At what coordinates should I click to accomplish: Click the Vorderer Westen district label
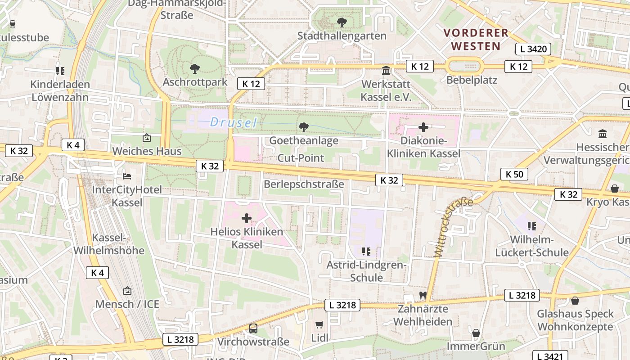coord(476,39)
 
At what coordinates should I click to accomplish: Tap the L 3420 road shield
coord(533,49)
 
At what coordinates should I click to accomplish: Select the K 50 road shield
coord(515,174)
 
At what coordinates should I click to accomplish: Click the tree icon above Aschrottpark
coord(195,69)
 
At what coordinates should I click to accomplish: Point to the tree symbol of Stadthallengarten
coord(342,22)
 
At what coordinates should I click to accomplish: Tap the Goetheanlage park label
coord(304,140)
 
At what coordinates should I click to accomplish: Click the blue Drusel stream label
coord(234,122)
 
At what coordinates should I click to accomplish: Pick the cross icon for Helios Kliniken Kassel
coord(247,219)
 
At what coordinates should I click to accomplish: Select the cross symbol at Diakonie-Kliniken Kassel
coord(423,127)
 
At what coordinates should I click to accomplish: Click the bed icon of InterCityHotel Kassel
coord(127,176)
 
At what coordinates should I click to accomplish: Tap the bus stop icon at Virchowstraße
coord(253,328)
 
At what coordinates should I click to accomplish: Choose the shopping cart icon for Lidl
coord(319,324)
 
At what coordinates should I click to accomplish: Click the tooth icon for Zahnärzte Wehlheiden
coord(422,296)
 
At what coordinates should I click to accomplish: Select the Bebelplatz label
coord(472,80)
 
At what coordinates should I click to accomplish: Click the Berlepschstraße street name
coord(304,184)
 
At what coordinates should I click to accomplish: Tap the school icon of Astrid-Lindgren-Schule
coord(367,251)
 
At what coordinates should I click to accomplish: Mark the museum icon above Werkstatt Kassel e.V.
coord(386,71)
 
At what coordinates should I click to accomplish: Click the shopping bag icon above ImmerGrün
coord(476,333)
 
